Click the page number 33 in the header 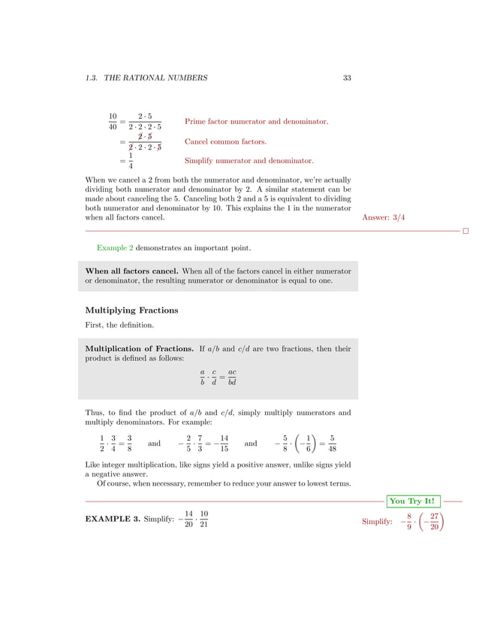pos(347,77)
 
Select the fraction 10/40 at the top pos(113,121)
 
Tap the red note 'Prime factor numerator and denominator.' pos(256,121)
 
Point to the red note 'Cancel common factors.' pos(225,141)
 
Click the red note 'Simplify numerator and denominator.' pos(249,161)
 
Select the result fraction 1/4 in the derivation pos(130,161)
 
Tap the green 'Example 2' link pos(115,247)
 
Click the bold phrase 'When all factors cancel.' pos(131,270)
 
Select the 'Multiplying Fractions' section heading pos(131,310)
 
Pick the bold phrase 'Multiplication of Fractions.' pos(140,349)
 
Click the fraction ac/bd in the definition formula pos(233,377)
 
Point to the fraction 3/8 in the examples pos(130,444)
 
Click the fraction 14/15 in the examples pos(224,444)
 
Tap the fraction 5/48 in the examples pos(332,444)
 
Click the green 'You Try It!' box pos(413,501)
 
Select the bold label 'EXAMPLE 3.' pos(112,520)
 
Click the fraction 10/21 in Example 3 pos(203,519)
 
